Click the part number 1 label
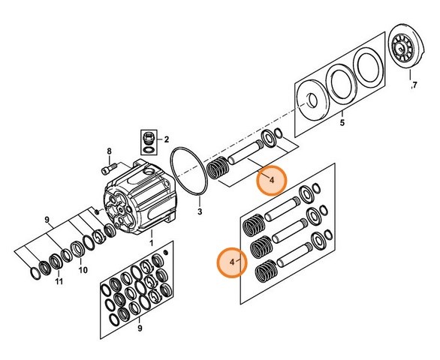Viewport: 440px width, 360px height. coord(151,243)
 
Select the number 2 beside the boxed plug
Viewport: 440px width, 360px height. coord(167,139)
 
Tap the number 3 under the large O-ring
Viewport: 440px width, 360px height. coord(200,211)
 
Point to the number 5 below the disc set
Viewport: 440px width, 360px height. coord(342,122)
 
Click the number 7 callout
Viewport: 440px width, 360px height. coord(414,85)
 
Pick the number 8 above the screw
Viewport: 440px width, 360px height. coord(109,151)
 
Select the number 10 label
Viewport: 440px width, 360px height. coord(83,270)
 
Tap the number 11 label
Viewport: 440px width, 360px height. coord(59,281)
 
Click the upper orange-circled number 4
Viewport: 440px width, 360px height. coord(271,180)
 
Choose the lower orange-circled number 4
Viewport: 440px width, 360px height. coord(232,262)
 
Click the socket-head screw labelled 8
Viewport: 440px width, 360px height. coord(109,169)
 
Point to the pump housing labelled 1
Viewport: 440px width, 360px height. coord(140,197)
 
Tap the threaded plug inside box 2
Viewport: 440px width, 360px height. coord(148,138)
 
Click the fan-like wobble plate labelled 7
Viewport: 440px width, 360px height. coord(406,46)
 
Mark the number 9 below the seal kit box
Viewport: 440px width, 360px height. coord(140,328)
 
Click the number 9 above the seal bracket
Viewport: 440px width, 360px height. coord(47,220)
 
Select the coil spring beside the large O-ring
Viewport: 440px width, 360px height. coord(218,167)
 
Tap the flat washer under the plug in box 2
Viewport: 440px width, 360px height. coord(148,149)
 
